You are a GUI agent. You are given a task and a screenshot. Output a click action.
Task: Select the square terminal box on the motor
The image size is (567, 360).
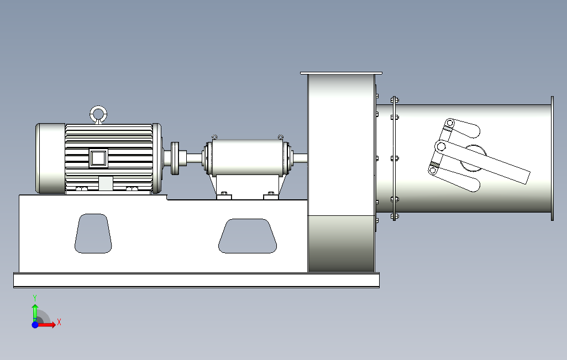[98, 158]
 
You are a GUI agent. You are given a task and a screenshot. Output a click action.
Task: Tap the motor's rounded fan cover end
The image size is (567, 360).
[50, 158]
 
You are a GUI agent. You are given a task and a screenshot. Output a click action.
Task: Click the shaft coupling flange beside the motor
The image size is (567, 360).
[176, 158]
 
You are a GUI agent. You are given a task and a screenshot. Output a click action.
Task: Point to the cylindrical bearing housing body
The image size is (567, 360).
[246, 158]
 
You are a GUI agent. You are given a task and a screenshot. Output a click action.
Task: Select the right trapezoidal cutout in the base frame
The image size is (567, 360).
[247, 236]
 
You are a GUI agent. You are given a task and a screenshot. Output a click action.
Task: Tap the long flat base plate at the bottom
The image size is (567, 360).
[196, 280]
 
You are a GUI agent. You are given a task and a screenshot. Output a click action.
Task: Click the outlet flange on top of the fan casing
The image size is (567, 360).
[341, 73]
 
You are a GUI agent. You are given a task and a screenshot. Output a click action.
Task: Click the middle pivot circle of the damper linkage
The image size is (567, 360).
[441, 146]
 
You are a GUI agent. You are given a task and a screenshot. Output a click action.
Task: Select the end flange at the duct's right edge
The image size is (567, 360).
[552, 158]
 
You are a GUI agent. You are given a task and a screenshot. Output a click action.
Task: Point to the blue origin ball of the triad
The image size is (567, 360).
[35, 325]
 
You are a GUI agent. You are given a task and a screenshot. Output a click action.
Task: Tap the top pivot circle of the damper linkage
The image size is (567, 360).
[450, 123]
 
